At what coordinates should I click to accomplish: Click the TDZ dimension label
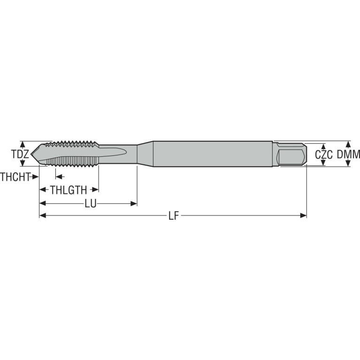pos(20,154)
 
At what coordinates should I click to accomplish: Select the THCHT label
pos(15,177)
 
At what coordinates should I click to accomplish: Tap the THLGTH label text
pos(69,190)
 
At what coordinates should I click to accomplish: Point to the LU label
pos(91,203)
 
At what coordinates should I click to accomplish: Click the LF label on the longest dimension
pos(173,216)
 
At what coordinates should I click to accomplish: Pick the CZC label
pos(324,155)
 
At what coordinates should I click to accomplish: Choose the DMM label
pos(348,154)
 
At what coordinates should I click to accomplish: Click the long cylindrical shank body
pos(213,154)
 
